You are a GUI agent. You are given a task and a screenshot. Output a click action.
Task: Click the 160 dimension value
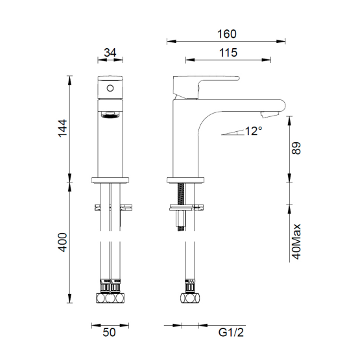(227, 34)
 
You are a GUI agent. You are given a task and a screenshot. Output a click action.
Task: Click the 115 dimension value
(228, 53)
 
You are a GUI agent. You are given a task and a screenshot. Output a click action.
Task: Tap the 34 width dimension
(110, 53)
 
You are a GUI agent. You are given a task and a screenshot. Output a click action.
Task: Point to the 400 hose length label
(62, 242)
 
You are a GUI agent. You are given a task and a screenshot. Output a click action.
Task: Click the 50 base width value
(109, 332)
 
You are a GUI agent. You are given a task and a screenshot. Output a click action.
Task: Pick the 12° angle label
(253, 131)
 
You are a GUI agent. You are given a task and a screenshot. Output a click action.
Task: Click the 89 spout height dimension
(296, 148)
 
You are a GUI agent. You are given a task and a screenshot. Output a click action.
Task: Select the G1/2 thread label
(231, 332)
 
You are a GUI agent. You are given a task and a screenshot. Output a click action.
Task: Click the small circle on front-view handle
(110, 89)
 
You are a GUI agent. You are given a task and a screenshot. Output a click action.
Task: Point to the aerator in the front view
(110, 115)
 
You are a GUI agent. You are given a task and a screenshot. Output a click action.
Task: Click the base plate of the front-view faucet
(110, 180)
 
